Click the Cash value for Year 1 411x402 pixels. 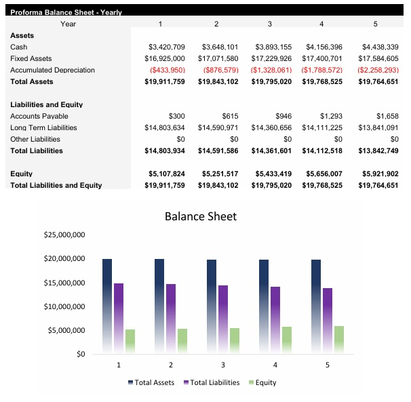pos(166,47)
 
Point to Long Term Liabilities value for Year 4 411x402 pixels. pos(320,127)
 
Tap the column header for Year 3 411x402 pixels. pos(269,24)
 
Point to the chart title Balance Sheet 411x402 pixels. pos(201,216)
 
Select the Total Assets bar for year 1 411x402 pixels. pos(107,305)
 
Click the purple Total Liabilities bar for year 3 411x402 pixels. pos(223,319)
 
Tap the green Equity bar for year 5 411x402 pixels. pos(339,340)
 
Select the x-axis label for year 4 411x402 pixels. pos(275,365)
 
